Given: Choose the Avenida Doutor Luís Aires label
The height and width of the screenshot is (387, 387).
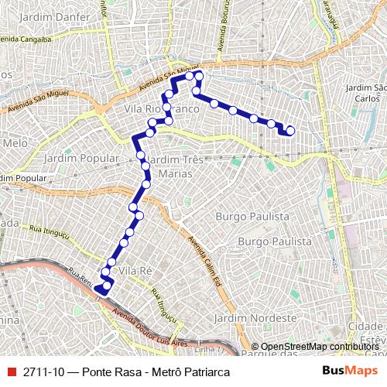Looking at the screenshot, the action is [151, 328].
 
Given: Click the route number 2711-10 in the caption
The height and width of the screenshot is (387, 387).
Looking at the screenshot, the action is [43, 371].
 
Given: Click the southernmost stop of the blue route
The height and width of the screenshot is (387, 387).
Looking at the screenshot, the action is [99, 289].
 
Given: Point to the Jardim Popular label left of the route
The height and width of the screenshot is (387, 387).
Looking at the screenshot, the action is [80, 158].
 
